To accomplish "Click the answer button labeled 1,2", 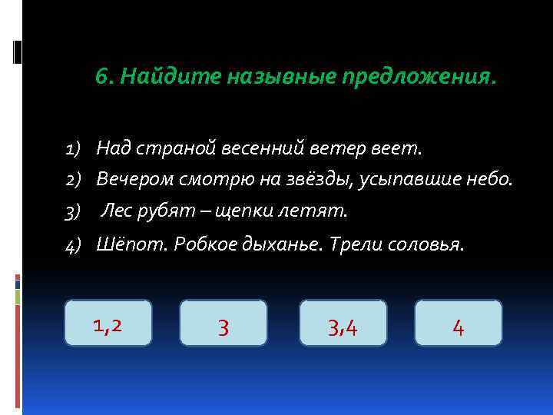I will (x=108, y=323).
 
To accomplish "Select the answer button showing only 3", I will (x=223, y=324).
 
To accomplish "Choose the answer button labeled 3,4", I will (x=343, y=324).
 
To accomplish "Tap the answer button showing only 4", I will (x=458, y=324).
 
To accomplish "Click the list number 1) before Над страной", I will (x=75, y=146).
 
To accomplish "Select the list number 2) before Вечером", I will (x=75, y=179).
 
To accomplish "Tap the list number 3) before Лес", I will (x=75, y=210).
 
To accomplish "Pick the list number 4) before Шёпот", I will (x=75, y=245).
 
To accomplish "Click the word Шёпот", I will (x=132, y=244).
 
